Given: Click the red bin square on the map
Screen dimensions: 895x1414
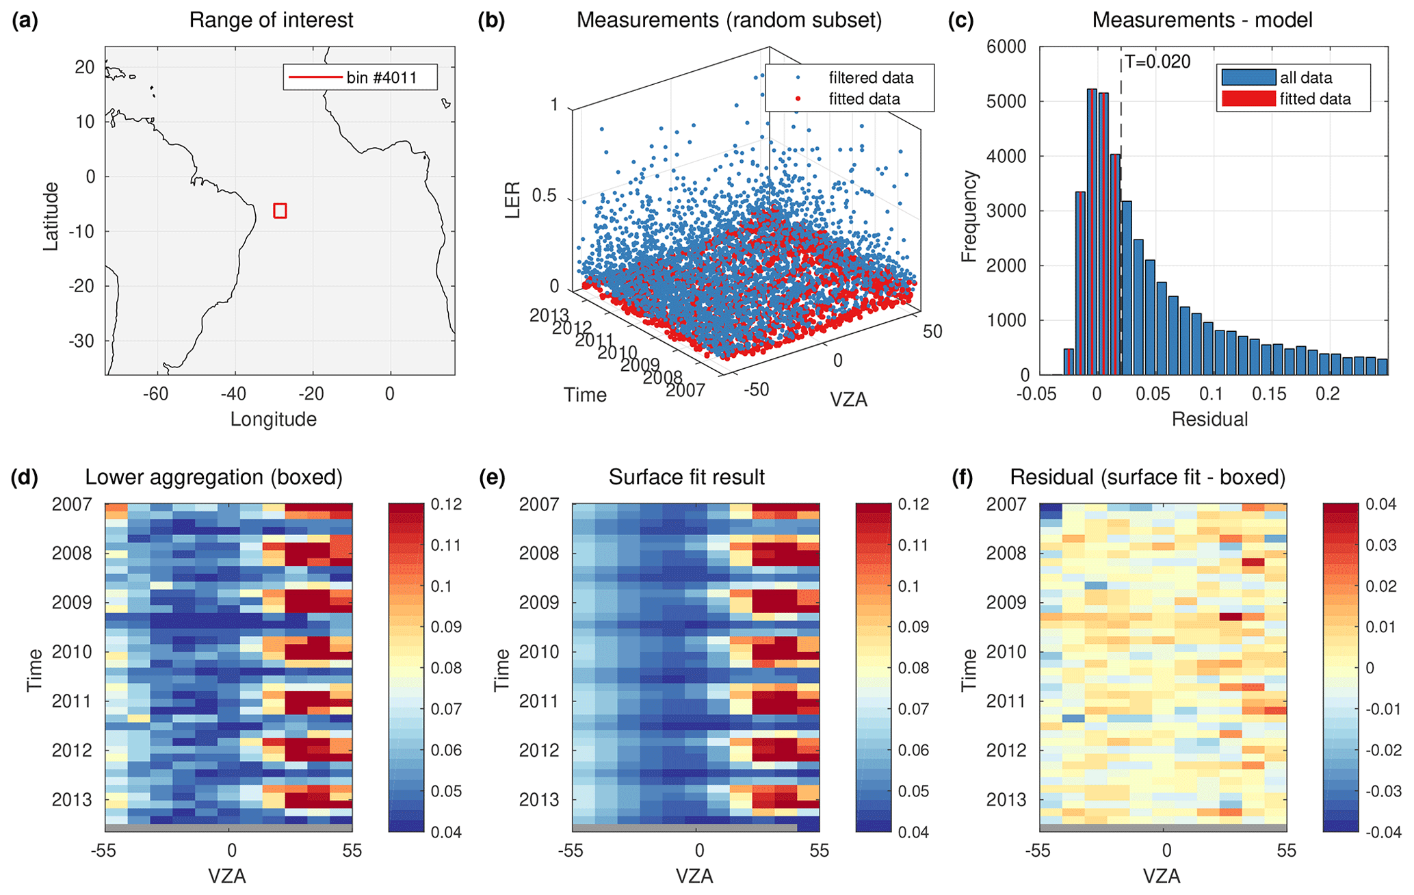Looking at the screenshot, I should pos(280,211).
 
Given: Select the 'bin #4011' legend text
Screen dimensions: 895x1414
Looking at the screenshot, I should pos(381,77).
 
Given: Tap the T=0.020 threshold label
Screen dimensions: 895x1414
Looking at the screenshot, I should pos(1157,62).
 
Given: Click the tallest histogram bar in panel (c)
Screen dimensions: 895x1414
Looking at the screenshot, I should pos(1092,233).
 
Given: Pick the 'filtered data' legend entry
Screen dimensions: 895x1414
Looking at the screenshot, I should pos(870,77).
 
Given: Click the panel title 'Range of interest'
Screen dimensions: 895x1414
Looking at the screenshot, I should pos(271,20).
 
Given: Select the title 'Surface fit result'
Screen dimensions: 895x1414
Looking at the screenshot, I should pos(686,477).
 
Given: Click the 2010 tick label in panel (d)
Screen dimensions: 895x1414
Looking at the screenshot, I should pos(71,652).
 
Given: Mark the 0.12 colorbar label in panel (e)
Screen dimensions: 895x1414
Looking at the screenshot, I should pos(914,504).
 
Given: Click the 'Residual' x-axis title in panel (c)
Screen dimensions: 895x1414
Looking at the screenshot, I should pos(1209,419).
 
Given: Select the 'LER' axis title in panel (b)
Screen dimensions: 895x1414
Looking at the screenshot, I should pos(513,200).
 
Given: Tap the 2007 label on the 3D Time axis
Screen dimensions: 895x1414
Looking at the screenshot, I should pos(685,390).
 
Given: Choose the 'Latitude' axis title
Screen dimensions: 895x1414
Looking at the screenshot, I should pos(51,216).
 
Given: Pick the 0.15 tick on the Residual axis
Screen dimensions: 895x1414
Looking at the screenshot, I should pos(1269,394).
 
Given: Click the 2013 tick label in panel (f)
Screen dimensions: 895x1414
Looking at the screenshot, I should pos(1006,800).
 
